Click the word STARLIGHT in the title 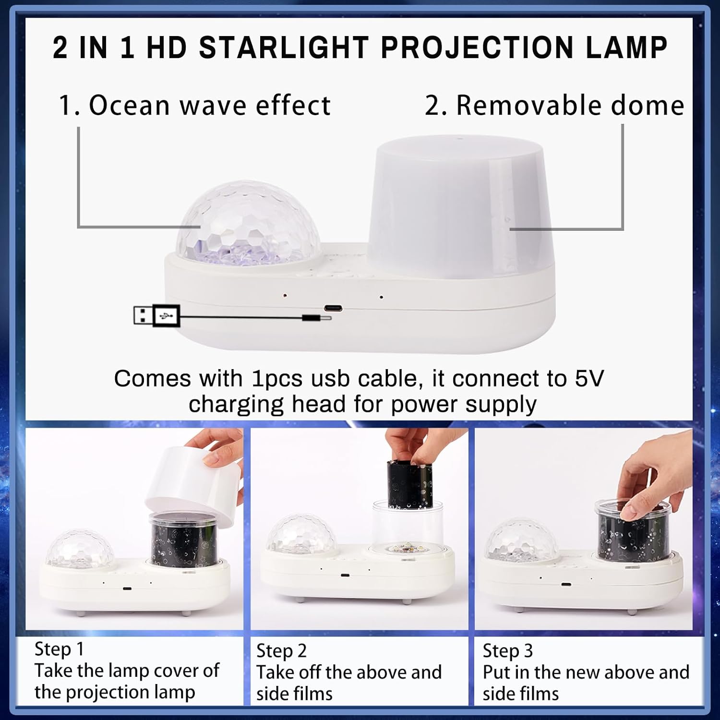pyautogui.click(x=283, y=48)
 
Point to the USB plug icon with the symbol pyautogui.click(x=166, y=316)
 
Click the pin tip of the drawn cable pyautogui.click(x=326, y=318)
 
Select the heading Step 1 pyautogui.click(x=59, y=649)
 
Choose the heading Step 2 pyautogui.click(x=281, y=651)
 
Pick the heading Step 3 pyautogui.click(x=507, y=651)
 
